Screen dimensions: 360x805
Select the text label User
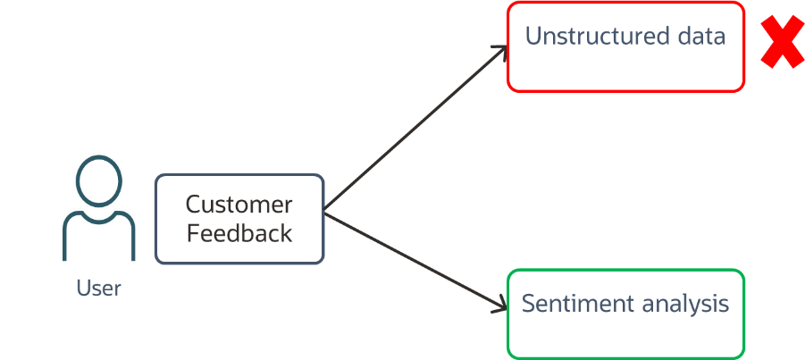(x=98, y=289)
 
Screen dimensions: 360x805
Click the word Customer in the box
(x=239, y=204)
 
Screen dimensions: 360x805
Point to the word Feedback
(x=239, y=233)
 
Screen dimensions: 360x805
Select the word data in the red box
(x=700, y=37)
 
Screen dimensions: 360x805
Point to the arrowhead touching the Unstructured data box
(x=503, y=51)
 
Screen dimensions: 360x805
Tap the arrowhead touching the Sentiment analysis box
(x=502, y=309)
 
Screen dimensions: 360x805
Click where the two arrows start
(x=325, y=213)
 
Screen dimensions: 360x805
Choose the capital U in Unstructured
(x=533, y=37)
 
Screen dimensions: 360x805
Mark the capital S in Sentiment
(x=529, y=304)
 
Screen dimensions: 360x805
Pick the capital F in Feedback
(x=192, y=233)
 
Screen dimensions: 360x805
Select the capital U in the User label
(x=82, y=289)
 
